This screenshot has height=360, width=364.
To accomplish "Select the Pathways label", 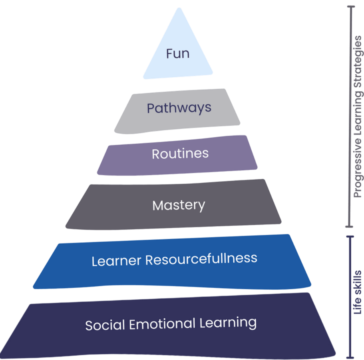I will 179,108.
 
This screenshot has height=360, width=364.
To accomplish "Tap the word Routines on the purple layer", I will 180,154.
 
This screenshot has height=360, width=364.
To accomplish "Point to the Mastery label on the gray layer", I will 179,206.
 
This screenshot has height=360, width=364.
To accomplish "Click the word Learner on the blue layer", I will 116,260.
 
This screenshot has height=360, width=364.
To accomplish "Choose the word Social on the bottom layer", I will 106,324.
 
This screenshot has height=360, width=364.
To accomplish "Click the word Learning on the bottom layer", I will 226,322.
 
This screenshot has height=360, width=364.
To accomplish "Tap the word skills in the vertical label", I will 358,284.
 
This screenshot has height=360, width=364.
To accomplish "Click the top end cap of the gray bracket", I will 350,6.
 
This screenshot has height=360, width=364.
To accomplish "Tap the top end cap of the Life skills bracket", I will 350,236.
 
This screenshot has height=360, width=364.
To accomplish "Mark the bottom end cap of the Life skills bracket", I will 350,357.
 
